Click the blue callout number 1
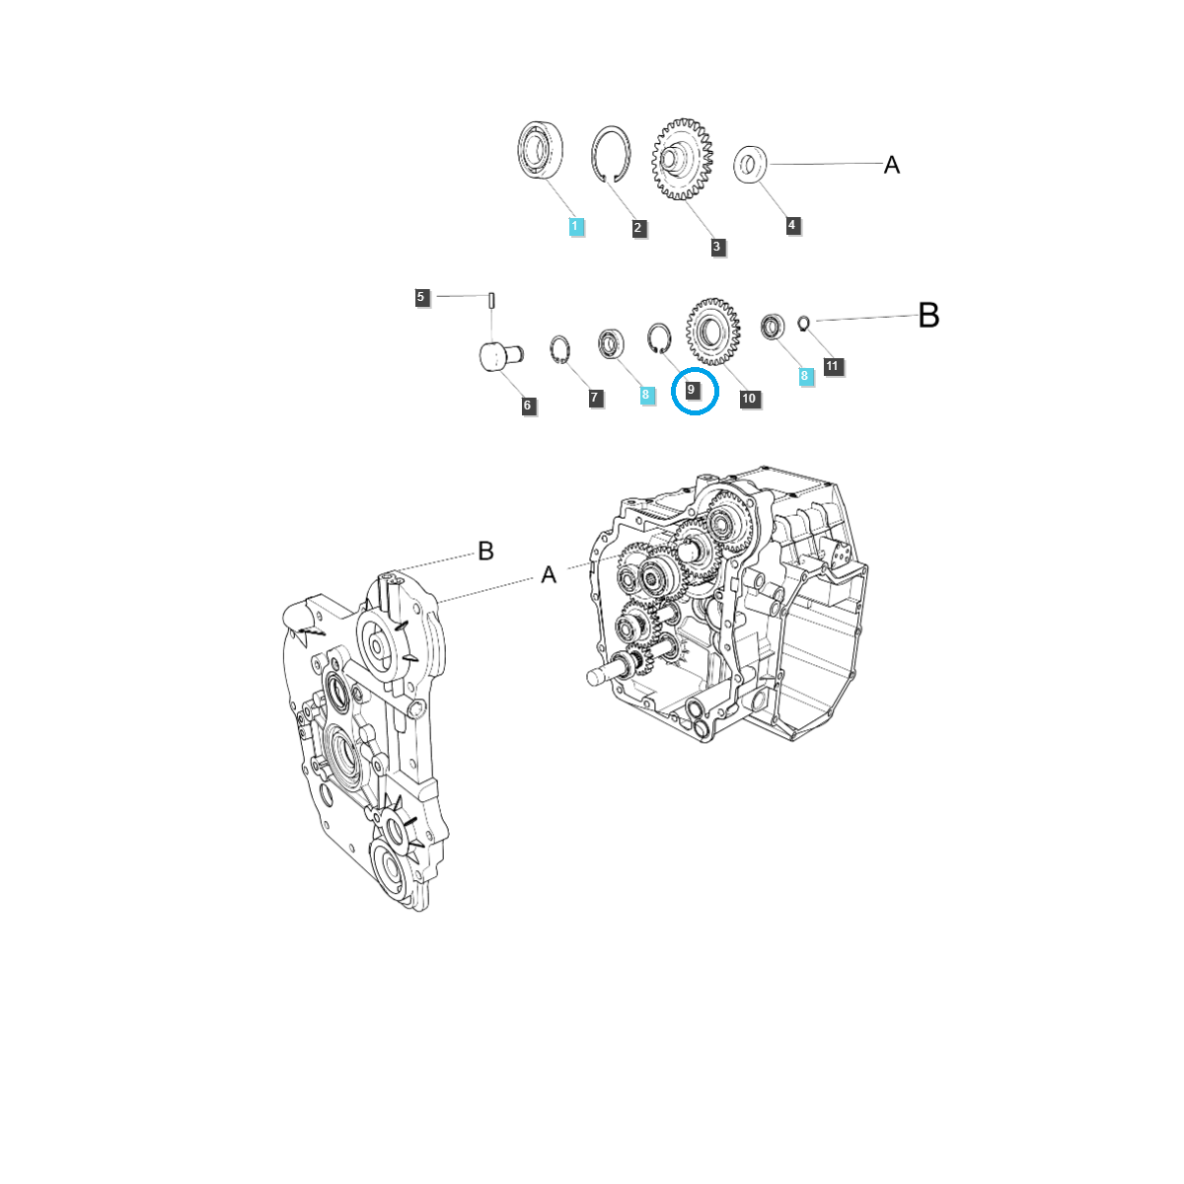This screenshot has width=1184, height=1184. point(576,227)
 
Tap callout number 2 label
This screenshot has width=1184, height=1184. point(638,228)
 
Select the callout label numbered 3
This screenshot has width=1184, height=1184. point(717,247)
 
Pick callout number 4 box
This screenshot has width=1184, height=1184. point(791,225)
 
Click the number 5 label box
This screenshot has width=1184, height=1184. point(421,297)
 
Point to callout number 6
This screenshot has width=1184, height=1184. point(528,405)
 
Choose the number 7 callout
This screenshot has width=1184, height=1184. point(594,398)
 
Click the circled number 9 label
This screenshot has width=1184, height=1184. point(692,390)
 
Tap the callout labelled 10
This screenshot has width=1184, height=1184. point(749,399)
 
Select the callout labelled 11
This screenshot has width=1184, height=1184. point(832,366)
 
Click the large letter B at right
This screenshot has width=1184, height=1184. point(927,316)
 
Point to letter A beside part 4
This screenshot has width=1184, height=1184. point(891,165)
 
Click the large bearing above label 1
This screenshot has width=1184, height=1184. point(540,151)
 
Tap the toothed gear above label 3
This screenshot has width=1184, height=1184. point(681,159)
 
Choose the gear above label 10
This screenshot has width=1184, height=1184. point(712,330)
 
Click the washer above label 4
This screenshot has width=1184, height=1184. point(752,165)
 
